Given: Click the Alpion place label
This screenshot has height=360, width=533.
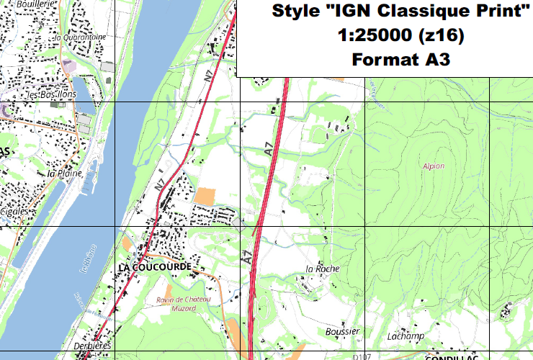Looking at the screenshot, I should tap(434, 166).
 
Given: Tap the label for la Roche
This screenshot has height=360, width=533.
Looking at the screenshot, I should tap(322, 269).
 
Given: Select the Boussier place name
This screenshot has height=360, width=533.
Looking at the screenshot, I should tap(342, 331).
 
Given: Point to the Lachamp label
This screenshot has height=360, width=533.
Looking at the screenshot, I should tap(404, 336).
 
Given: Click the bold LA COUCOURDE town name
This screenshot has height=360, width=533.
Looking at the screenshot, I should tap(153, 266).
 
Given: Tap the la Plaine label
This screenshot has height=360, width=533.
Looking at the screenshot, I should tap(61, 173).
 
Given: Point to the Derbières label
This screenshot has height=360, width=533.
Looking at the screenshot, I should tap(93, 346).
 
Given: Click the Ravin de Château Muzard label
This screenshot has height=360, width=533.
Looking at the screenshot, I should tap(184, 303).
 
